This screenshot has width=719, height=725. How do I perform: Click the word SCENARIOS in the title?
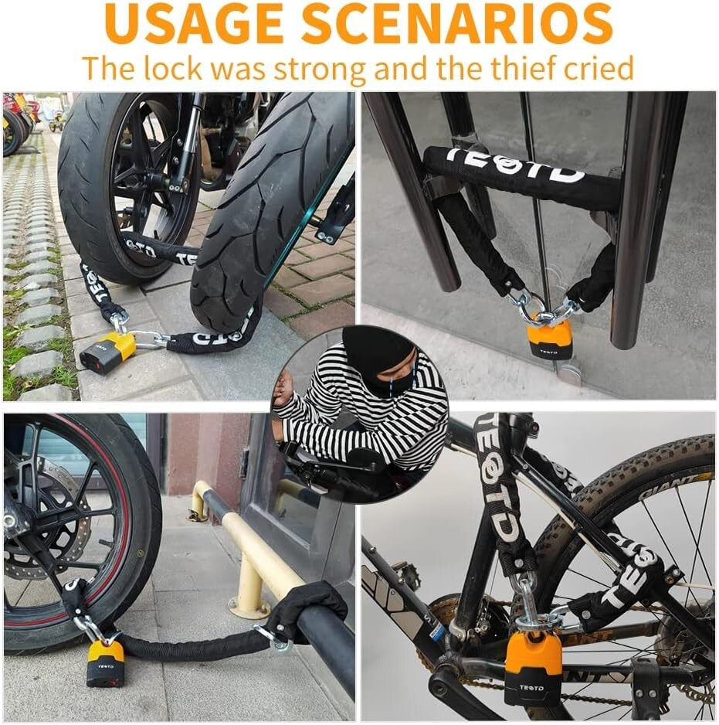point(456,25)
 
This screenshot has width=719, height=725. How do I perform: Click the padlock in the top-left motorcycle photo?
point(109,352)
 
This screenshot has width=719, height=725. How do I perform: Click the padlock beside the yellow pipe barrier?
point(105,662)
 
